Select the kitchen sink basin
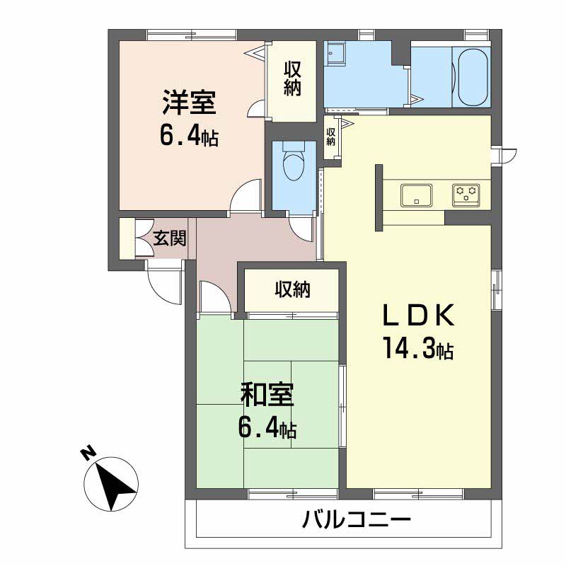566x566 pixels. (x=416, y=195)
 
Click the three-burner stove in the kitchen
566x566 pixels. (x=466, y=195)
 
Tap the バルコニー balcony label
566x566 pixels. (x=357, y=520)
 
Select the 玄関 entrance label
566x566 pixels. (x=170, y=238)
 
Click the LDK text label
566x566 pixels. (x=418, y=316)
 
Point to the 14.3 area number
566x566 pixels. (x=410, y=348)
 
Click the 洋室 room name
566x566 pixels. (x=189, y=102)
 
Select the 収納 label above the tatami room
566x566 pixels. (x=293, y=289)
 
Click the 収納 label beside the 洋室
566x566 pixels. (x=292, y=79)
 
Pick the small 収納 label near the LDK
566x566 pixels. (x=330, y=137)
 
